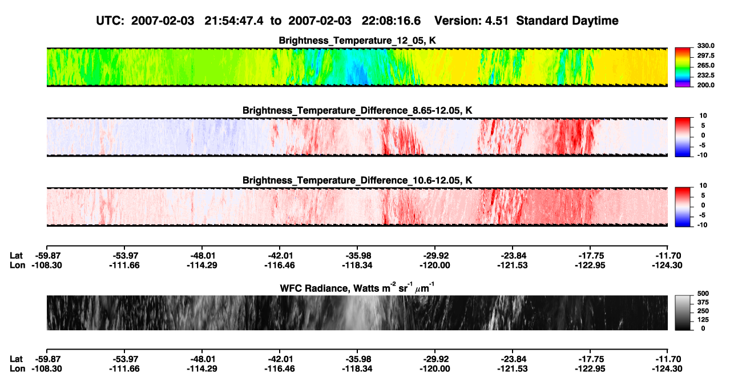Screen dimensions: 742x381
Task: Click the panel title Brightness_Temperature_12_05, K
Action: point(357,41)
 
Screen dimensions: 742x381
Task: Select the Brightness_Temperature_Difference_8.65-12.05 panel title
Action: point(357,110)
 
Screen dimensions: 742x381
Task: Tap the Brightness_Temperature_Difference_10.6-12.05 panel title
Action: point(357,181)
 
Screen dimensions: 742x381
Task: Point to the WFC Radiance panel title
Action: point(357,287)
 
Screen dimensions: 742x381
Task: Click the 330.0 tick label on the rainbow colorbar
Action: point(705,46)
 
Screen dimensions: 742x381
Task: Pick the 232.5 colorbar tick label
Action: point(705,75)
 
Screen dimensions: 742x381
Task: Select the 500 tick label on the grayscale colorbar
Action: point(703,294)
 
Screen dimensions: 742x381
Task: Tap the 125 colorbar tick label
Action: point(703,320)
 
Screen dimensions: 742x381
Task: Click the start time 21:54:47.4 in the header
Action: point(234,21)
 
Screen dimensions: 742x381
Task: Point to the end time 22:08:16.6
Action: point(391,21)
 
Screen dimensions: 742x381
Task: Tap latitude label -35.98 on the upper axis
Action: point(357,256)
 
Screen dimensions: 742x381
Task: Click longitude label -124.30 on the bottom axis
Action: point(667,369)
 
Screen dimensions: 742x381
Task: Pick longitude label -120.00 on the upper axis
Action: point(435,265)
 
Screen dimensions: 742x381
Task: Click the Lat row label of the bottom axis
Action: point(16,359)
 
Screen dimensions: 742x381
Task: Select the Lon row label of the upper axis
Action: point(18,265)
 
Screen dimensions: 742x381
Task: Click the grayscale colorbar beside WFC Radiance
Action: point(683,312)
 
